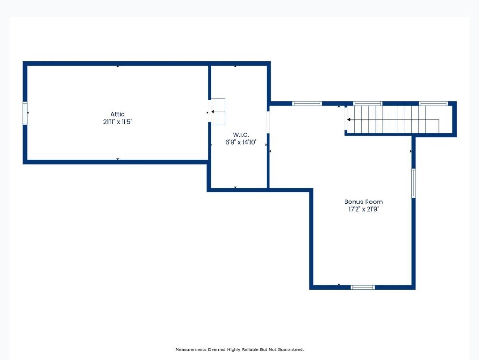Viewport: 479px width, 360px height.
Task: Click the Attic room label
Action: [x=117, y=114]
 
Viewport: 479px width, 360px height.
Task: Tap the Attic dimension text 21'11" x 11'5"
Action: [x=117, y=122]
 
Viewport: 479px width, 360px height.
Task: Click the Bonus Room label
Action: [x=364, y=202]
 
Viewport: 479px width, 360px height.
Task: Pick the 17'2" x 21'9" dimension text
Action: [x=364, y=209]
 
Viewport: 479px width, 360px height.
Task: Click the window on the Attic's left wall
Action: [x=25, y=113]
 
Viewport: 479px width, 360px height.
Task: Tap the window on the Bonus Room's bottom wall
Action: [x=362, y=287]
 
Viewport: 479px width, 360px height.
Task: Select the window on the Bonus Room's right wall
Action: [x=413, y=183]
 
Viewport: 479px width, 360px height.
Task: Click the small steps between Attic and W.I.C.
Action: [x=218, y=112]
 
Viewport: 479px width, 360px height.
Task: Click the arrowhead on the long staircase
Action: [x=349, y=119]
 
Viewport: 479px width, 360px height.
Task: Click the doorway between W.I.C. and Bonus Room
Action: [x=268, y=122]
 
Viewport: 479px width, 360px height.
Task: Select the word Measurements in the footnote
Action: [x=191, y=349]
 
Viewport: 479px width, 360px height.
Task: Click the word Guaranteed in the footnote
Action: [x=290, y=349]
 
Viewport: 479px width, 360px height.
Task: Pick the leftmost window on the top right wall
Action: [x=307, y=103]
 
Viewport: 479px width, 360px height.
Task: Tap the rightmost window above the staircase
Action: [x=433, y=103]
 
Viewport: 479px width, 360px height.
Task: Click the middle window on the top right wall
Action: [x=368, y=103]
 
